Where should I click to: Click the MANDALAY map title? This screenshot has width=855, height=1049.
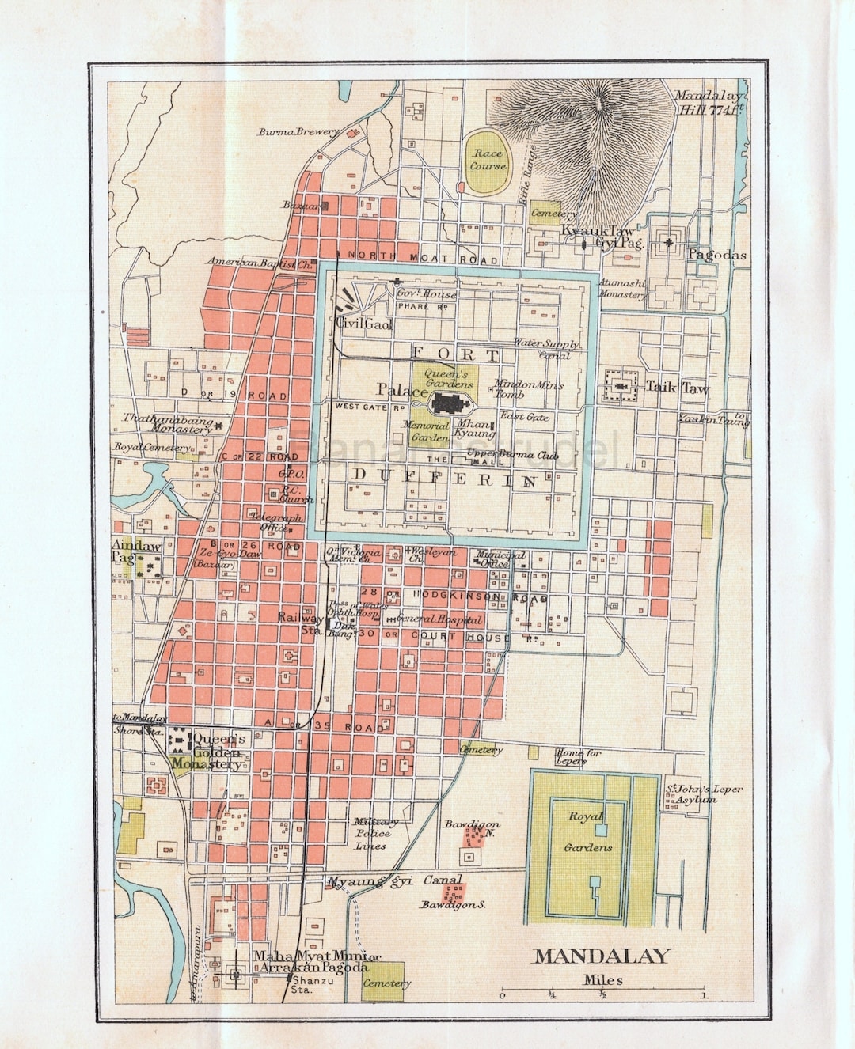tap(603, 956)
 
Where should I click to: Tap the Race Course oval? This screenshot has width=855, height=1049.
tap(488, 161)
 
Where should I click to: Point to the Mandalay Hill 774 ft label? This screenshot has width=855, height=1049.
tap(709, 103)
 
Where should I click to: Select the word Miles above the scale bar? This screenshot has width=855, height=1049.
tap(603, 979)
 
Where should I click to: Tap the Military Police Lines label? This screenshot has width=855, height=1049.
tap(372, 833)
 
